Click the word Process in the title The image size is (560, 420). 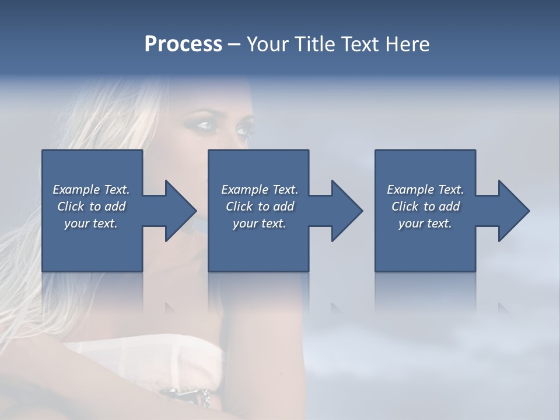click(x=183, y=44)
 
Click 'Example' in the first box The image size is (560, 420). click(x=76, y=190)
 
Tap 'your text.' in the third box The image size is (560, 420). click(x=425, y=223)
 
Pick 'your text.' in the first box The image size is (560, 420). click(x=91, y=223)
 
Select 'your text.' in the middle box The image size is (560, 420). click(x=259, y=223)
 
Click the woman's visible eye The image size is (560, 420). click(x=205, y=124)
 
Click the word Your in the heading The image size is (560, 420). click(x=265, y=44)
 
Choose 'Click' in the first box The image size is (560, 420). click(x=71, y=206)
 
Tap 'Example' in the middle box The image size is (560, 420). click(x=244, y=190)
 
